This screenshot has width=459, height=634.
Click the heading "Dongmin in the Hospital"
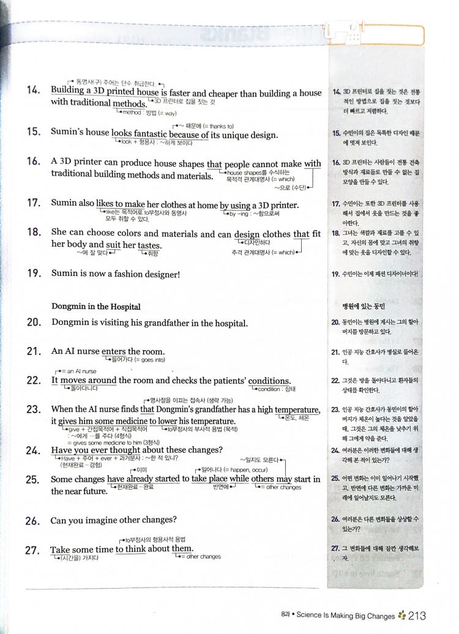click(96, 307)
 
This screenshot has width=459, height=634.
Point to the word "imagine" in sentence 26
click(106, 521)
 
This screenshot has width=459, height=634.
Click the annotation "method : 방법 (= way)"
click(149, 113)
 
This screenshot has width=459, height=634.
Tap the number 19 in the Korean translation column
click(335, 274)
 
